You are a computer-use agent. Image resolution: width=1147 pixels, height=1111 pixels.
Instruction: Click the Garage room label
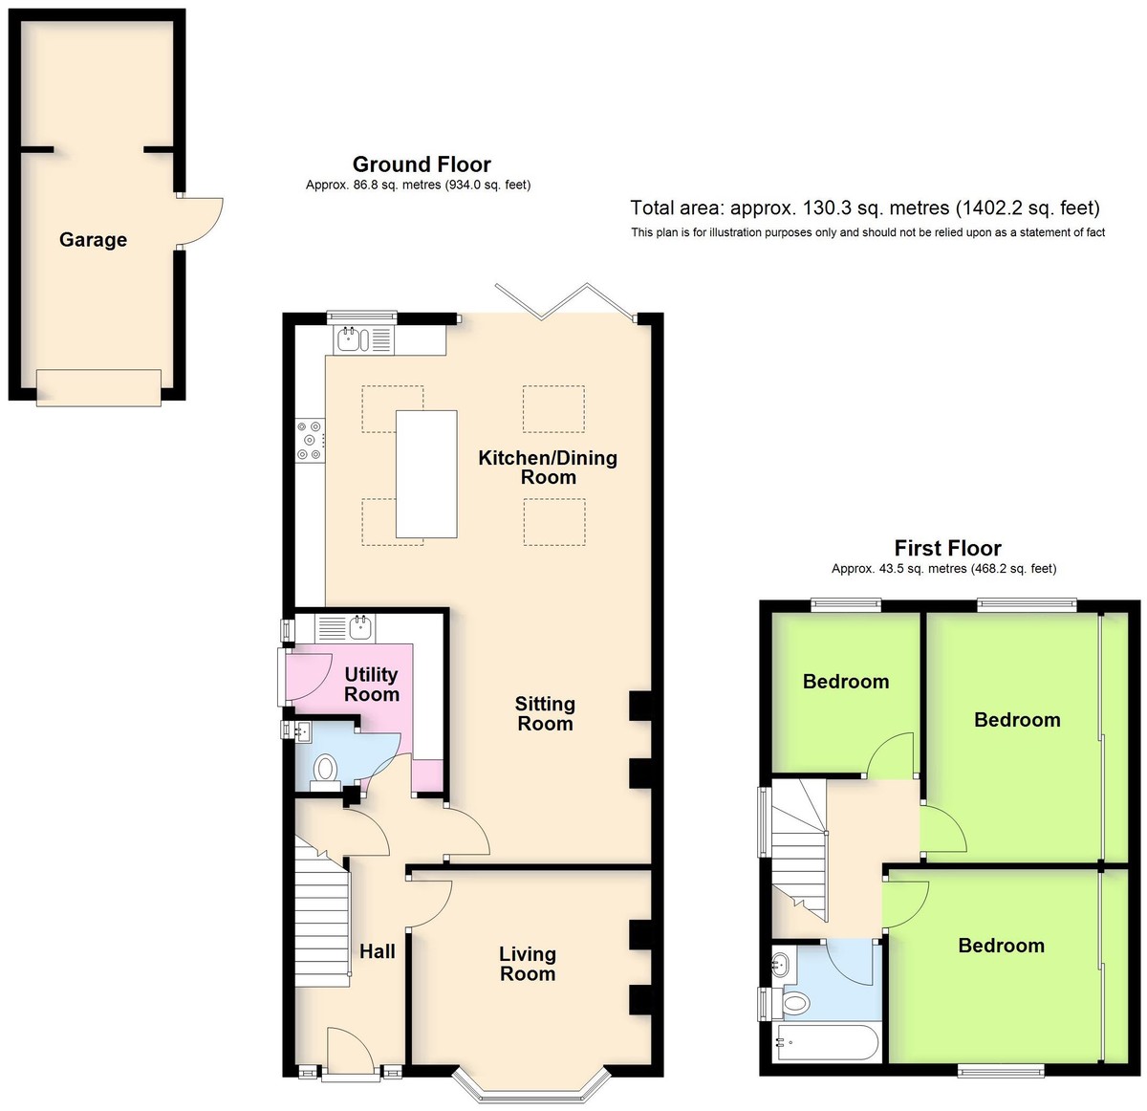(93, 239)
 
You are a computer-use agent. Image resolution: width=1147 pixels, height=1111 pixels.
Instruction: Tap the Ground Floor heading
(422, 163)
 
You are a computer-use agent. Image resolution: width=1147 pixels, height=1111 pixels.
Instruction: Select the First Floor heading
(947, 548)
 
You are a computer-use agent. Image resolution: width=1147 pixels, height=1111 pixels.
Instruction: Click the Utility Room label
(371, 684)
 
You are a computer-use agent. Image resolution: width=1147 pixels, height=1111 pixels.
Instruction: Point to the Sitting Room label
(545, 713)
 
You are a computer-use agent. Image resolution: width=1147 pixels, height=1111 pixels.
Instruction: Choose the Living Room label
(528, 964)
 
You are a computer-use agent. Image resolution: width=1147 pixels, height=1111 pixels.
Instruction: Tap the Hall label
(378, 950)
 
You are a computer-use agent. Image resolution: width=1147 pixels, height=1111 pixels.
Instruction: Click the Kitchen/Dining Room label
(548, 467)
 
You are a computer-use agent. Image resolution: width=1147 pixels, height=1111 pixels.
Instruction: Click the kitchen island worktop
(426, 474)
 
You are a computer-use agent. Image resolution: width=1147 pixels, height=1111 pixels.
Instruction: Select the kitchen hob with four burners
(311, 439)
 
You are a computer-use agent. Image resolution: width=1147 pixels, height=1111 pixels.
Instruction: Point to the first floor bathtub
(827, 1042)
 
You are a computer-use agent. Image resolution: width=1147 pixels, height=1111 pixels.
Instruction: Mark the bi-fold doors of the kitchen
(565, 302)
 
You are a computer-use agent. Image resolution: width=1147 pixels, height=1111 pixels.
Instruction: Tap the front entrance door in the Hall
(350, 1047)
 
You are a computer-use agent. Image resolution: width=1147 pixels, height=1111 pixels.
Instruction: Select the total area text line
(865, 207)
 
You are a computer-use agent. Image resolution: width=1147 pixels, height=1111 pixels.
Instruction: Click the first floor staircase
(799, 849)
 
